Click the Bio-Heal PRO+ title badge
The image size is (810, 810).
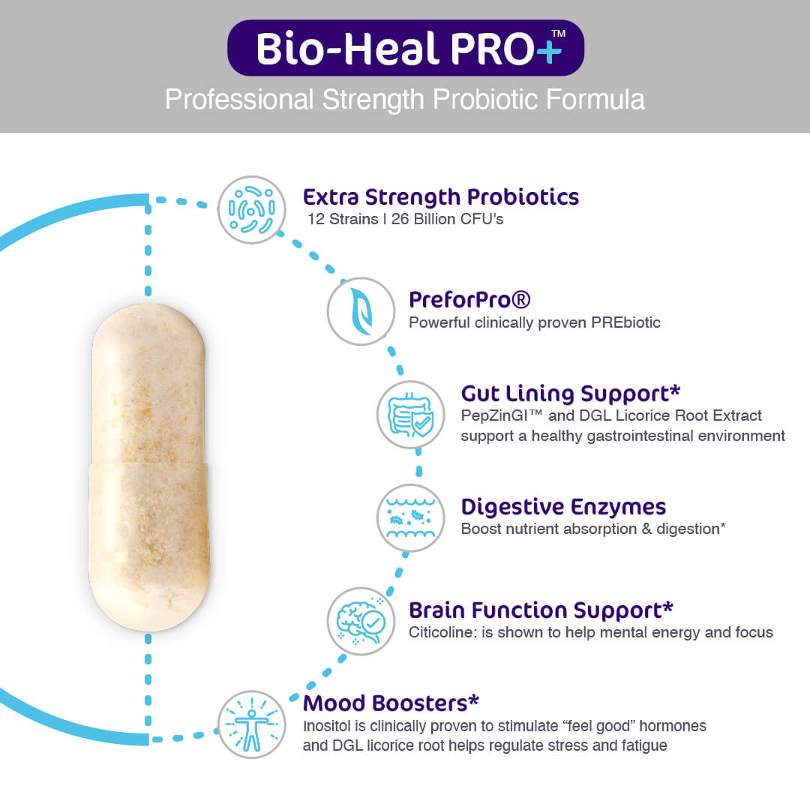coord(405,48)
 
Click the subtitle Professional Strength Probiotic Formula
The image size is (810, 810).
coord(405,100)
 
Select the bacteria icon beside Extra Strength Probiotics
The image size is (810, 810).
coord(252,208)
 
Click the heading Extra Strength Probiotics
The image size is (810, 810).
coord(441,197)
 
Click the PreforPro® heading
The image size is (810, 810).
coord(469,300)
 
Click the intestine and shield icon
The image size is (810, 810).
coord(410,414)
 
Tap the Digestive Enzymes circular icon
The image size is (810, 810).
coord(410,517)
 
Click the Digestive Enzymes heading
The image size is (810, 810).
coord(563,507)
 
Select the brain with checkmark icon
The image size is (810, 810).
coord(361,621)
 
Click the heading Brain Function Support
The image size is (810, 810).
coord(541,610)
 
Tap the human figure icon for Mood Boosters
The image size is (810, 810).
coord(252,724)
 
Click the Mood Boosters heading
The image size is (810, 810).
coord(391,703)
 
